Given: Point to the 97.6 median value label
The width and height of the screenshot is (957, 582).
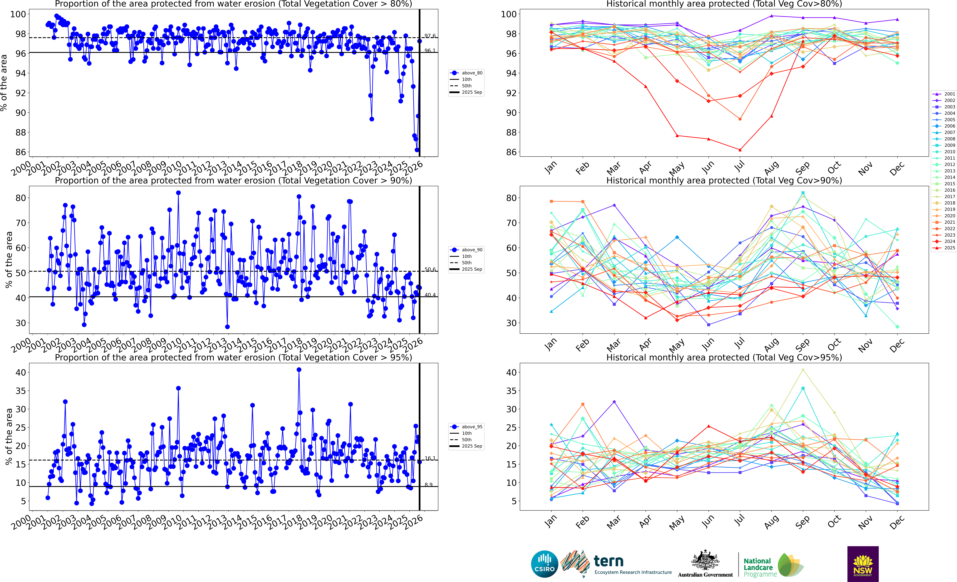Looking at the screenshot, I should click(430, 36).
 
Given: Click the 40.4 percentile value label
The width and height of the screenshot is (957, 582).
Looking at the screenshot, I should click(430, 295).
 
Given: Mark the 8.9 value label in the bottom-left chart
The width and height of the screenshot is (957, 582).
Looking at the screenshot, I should click(428, 485).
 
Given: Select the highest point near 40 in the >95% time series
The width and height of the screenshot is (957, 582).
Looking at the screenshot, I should click(299, 370).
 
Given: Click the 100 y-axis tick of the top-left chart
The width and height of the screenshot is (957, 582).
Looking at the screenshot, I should click(18, 14).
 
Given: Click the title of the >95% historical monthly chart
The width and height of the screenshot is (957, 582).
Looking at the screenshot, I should click(724, 357).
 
